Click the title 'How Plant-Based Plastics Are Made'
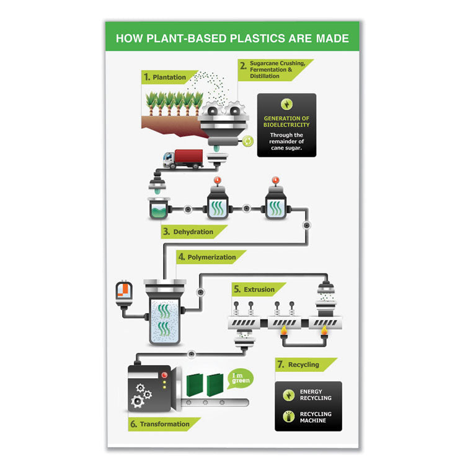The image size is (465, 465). click(x=232, y=38)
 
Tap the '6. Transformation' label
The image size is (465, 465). click(x=164, y=424)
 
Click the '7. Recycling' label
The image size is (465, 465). click(x=303, y=365)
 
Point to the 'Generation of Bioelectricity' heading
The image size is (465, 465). click(x=286, y=122)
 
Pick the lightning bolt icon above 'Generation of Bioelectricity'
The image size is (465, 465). click(x=286, y=104)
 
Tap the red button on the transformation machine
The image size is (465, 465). click(x=164, y=374)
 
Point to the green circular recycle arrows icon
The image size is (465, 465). click(x=247, y=141)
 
